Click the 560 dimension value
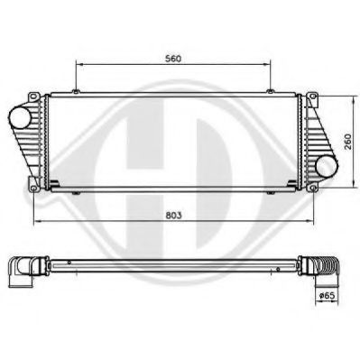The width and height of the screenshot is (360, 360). pyautogui.click(x=174, y=58)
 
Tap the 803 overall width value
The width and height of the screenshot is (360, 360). pyautogui.click(x=175, y=216)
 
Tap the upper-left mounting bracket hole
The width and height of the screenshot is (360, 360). pyautogui.click(x=33, y=97)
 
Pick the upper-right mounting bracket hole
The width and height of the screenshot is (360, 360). pyautogui.click(x=311, y=97)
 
